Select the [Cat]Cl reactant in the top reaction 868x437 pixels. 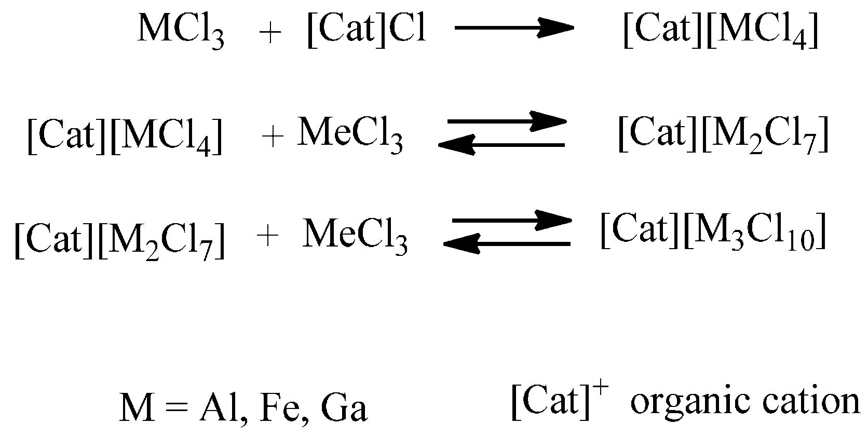367,30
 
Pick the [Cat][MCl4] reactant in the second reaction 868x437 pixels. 125,137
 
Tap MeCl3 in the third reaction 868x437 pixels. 355,237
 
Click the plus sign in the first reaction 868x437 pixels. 269,33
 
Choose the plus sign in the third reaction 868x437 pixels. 268,237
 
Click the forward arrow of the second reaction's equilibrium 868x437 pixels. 507,121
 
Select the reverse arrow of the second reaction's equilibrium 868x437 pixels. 501,145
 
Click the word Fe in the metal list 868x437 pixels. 279,408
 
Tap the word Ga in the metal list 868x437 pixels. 344,408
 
